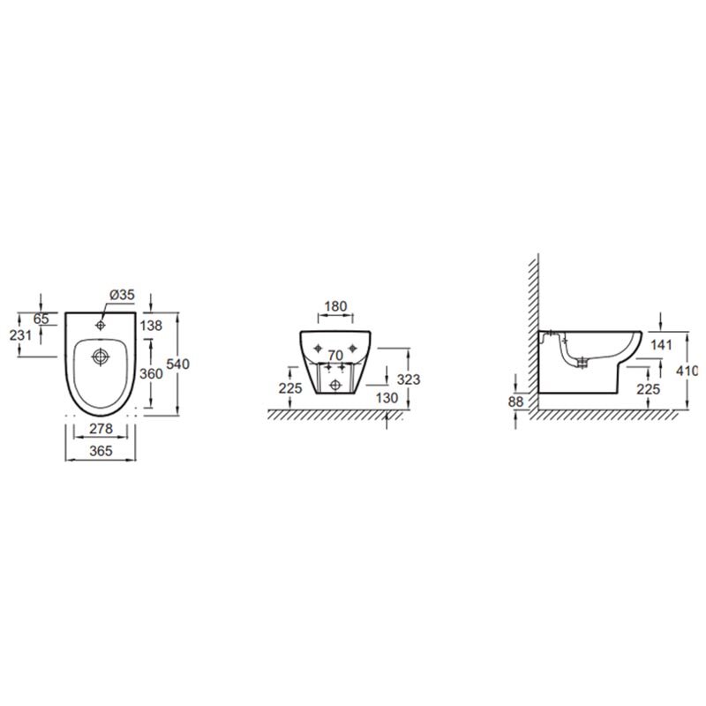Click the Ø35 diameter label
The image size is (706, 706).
pos(123,295)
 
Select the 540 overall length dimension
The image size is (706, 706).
pos(178,364)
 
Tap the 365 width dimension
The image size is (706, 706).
pos(101,451)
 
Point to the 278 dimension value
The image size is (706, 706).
pos(101,429)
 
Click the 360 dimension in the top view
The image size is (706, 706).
pos(151,373)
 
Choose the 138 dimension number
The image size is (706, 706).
pos(151,325)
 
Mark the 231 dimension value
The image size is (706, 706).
pos(20,335)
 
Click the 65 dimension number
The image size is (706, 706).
pos(41,319)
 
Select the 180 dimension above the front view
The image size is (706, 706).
pos(335,306)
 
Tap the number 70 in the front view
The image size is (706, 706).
pos(335,356)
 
